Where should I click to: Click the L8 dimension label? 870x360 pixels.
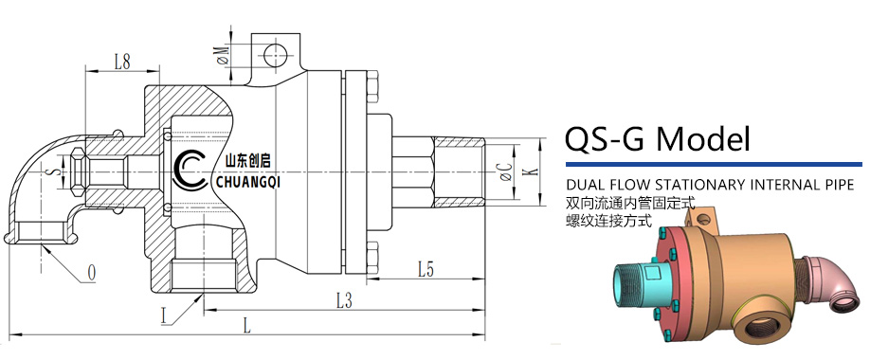click(122, 62)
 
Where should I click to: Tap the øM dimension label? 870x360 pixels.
click(223, 56)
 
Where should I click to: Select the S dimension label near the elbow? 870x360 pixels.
click(56, 172)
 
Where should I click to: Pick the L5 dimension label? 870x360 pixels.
click(426, 270)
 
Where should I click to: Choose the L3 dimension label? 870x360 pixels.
click(345, 301)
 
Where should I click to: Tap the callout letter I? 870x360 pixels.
click(163, 316)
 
